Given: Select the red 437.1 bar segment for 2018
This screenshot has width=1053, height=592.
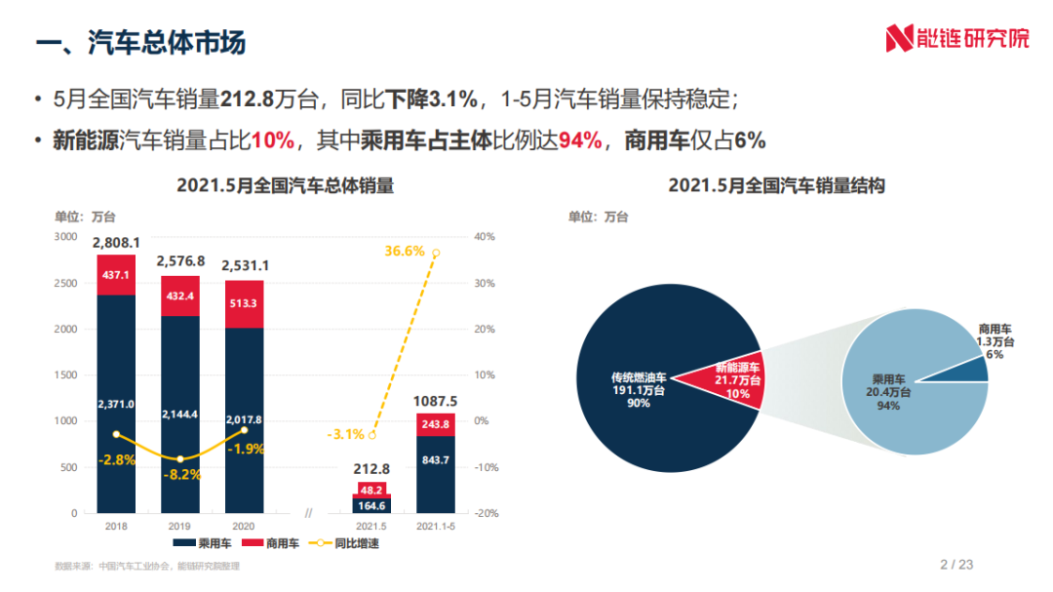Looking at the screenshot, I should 116,275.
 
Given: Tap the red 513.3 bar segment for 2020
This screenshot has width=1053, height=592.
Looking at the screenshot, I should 245,303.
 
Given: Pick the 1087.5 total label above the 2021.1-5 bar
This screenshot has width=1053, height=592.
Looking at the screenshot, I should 436,401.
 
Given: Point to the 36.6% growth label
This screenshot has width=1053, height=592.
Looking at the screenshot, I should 405,251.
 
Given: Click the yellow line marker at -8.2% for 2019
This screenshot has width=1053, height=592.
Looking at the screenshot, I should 180,458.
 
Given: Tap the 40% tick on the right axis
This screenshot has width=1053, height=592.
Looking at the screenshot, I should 485,236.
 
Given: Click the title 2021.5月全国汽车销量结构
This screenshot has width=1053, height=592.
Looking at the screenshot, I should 776,185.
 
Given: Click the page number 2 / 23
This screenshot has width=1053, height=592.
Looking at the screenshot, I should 956,564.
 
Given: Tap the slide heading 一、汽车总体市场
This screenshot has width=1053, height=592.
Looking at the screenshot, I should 140,43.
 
